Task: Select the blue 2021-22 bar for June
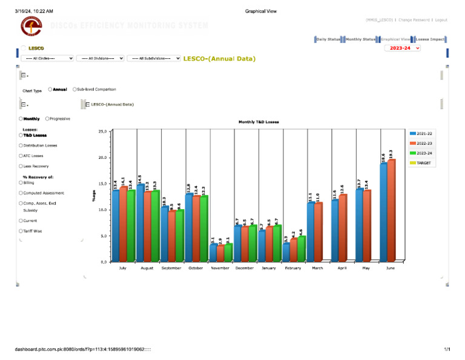(x=383, y=212)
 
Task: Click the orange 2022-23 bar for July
(x=124, y=224)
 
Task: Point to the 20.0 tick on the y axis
(x=102, y=158)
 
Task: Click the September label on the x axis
(x=171, y=267)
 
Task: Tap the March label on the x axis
(x=318, y=267)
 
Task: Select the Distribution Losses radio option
(x=21, y=145)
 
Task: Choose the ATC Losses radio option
(x=21, y=156)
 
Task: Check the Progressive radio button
(x=47, y=119)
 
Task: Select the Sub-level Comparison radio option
(x=74, y=89)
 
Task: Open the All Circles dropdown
(x=47, y=58)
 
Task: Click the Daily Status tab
(x=328, y=39)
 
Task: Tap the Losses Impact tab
(x=430, y=39)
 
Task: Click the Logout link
(x=441, y=20)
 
